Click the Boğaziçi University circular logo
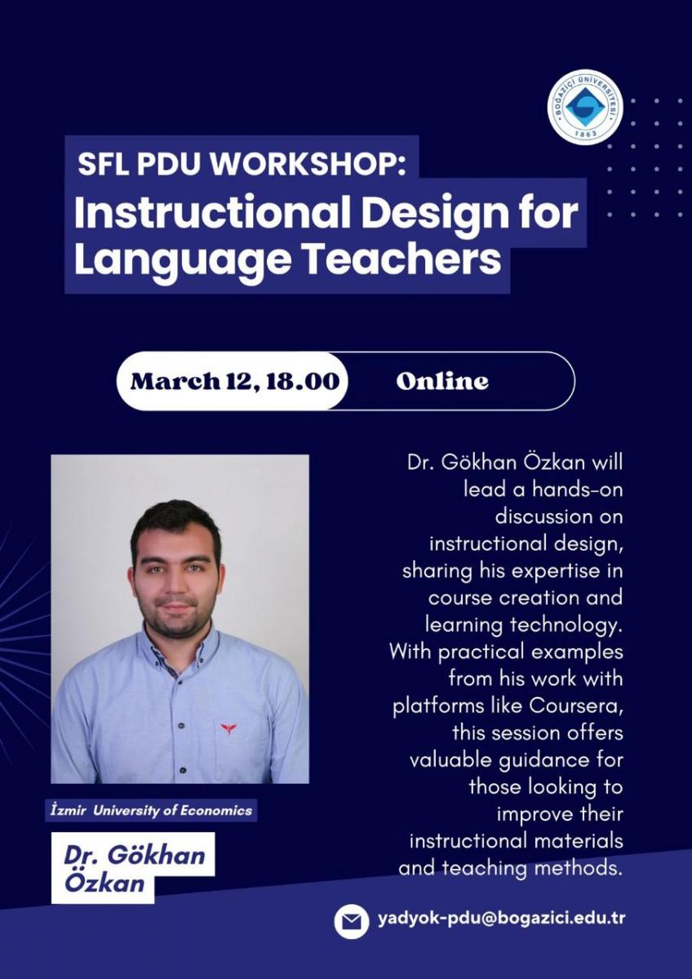(585, 107)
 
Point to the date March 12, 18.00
(235, 381)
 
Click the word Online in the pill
(442, 381)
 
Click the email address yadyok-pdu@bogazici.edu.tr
(501, 918)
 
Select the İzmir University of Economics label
(151, 811)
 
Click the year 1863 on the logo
(585, 133)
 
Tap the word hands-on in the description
(577, 489)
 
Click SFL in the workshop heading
(103, 163)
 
